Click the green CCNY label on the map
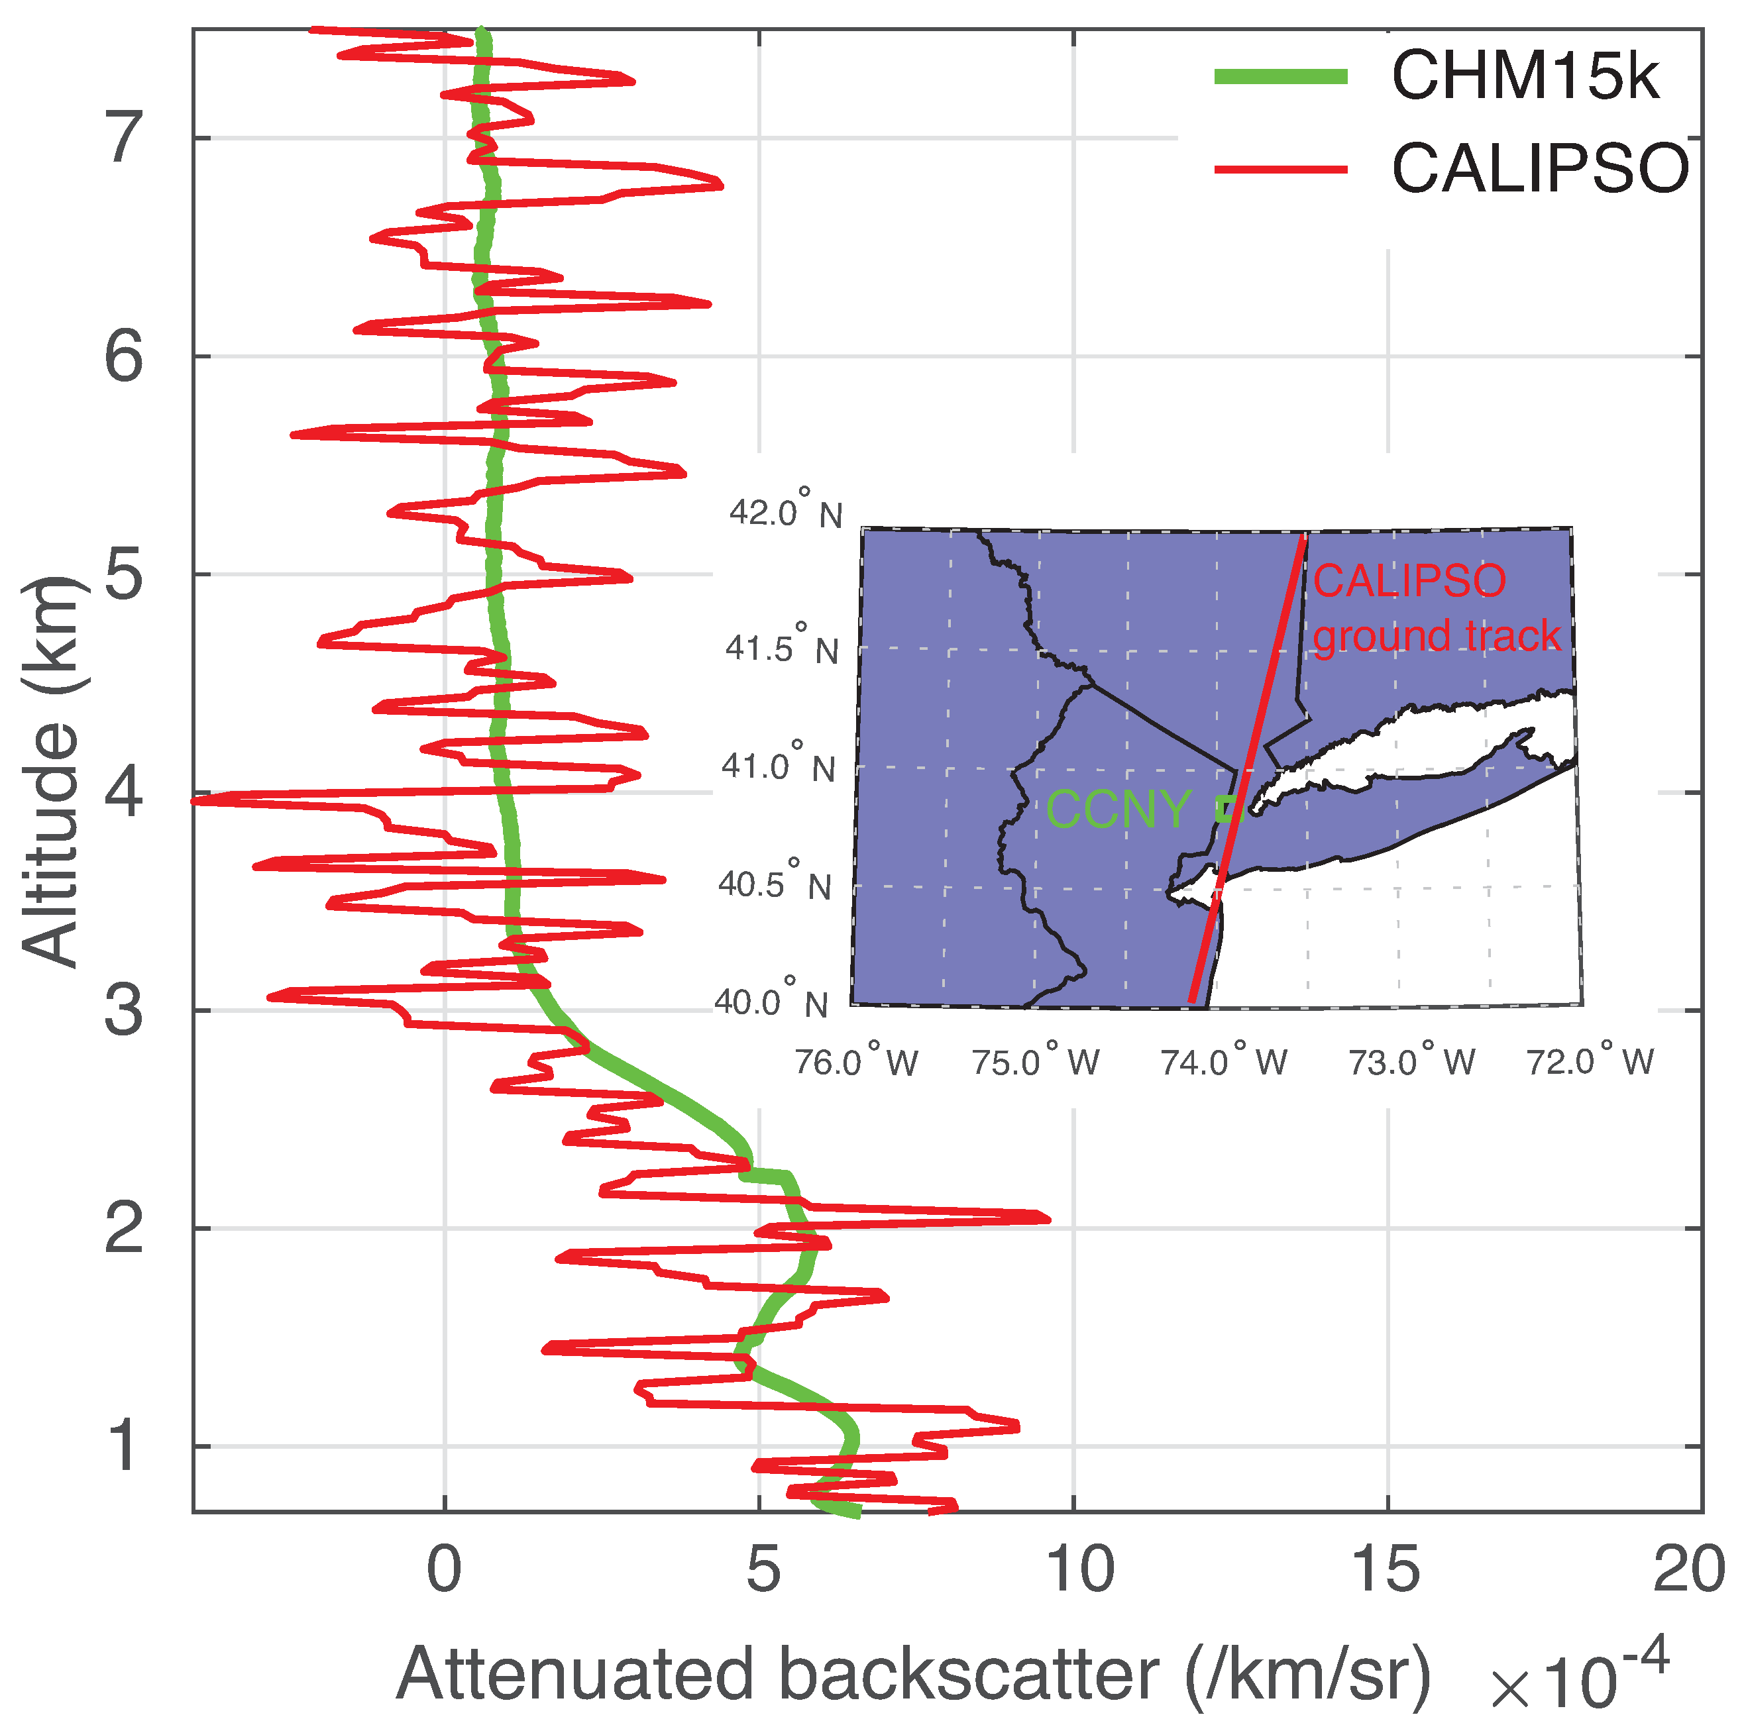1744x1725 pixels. click(1118, 809)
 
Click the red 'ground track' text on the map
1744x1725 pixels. click(1435, 635)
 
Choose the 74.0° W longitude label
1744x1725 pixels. click(1224, 1061)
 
